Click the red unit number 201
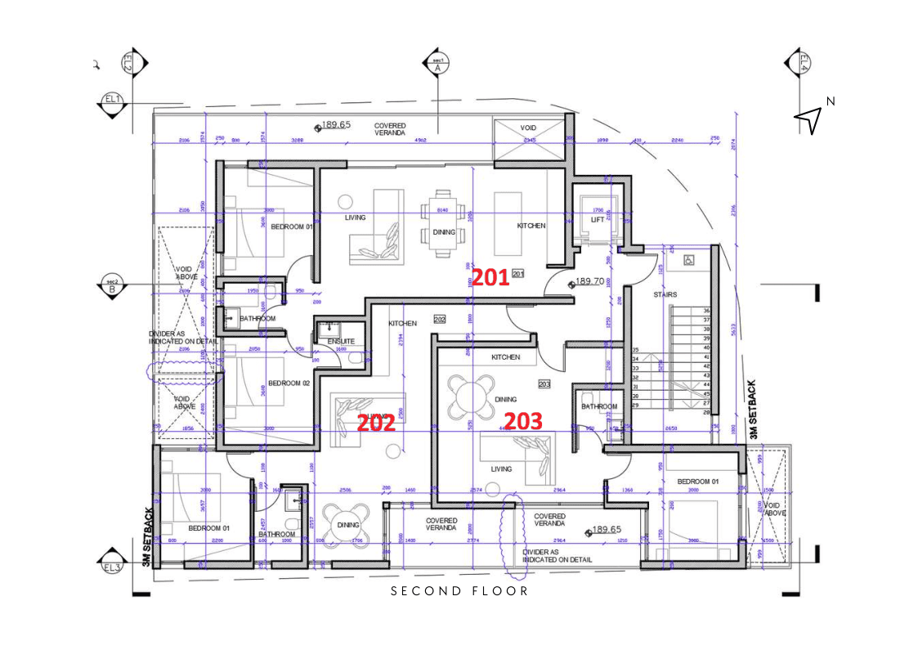click(x=490, y=278)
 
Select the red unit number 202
click(x=376, y=423)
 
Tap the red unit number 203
click(x=522, y=421)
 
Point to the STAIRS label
click(x=665, y=294)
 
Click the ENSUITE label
click(x=341, y=341)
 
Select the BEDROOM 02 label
click(x=289, y=383)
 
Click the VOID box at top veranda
click(x=528, y=128)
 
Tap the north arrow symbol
click(x=808, y=120)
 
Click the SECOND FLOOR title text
click(x=459, y=590)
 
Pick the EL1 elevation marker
click(x=112, y=101)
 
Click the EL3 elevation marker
click(x=112, y=566)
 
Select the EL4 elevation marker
click(x=802, y=62)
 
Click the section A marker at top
click(x=437, y=64)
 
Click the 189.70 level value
click(x=589, y=280)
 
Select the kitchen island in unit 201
click(x=507, y=214)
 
